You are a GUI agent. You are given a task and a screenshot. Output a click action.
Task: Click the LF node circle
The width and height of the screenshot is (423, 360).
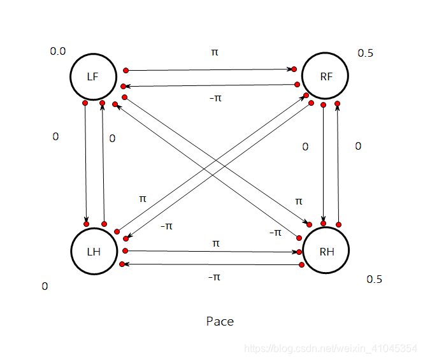(x=93, y=76)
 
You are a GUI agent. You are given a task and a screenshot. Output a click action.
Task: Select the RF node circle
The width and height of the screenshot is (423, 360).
(x=326, y=76)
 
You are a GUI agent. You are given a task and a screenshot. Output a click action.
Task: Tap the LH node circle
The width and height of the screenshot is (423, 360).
(x=94, y=251)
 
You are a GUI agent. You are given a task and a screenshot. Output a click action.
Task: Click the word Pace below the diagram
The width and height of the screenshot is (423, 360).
(x=220, y=321)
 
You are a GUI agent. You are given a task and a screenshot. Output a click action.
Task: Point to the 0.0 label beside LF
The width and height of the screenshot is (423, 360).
(x=57, y=51)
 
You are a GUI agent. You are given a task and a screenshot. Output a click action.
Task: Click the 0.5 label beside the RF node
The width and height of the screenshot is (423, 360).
(x=365, y=54)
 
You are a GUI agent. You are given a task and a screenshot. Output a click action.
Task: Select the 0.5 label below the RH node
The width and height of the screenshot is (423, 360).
(x=374, y=280)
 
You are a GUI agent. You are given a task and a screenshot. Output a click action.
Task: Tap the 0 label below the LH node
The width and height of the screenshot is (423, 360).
(x=45, y=287)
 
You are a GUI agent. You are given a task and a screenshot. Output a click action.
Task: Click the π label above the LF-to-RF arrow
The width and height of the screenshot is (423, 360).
(x=214, y=52)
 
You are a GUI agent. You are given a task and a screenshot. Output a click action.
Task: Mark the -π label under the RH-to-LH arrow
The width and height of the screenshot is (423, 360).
(x=214, y=277)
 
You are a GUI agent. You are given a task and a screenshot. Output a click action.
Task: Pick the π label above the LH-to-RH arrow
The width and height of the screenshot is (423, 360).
(x=215, y=243)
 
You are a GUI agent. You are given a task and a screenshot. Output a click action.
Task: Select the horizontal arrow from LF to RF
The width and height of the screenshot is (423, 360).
(x=210, y=69)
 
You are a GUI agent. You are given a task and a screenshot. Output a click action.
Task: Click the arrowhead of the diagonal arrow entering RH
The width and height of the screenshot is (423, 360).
(x=305, y=223)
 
